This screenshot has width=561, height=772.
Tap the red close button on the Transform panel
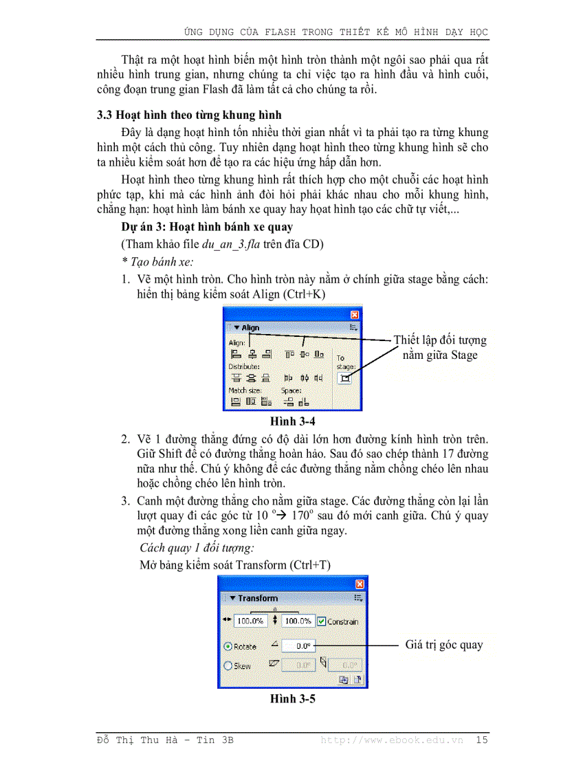click(x=359, y=584)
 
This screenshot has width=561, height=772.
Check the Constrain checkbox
click(x=321, y=621)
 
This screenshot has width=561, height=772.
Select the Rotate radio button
click(x=228, y=646)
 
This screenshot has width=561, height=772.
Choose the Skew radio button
click(x=228, y=665)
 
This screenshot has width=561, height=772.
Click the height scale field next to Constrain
click(x=298, y=621)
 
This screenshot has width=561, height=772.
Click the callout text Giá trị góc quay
click(x=443, y=645)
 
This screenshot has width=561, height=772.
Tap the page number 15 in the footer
click(x=481, y=740)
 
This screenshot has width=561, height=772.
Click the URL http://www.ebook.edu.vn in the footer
click(x=392, y=740)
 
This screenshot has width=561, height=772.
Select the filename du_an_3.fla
click(x=230, y=245)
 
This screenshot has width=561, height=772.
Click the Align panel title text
click(x=250, y=328)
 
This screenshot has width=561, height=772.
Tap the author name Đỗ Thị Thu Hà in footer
click(x=141, y=740)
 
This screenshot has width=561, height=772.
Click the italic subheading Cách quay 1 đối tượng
click(x=197, y=548)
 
